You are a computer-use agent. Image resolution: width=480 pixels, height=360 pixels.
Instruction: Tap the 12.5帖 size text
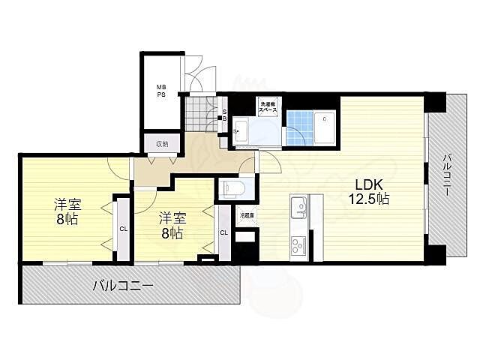click(x=367, y=199)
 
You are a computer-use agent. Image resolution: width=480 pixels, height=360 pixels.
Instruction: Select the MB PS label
click(x=160, y=91)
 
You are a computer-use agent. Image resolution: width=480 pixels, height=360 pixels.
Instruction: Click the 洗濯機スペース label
click(x=268, y=106)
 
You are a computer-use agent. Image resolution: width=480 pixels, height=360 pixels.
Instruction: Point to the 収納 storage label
click(x=162, y=143)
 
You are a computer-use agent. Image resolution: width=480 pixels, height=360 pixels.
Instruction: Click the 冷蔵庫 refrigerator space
click(x=246, y=215)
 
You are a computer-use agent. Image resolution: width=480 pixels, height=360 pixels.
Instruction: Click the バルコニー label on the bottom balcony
click(x=124, y=286)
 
